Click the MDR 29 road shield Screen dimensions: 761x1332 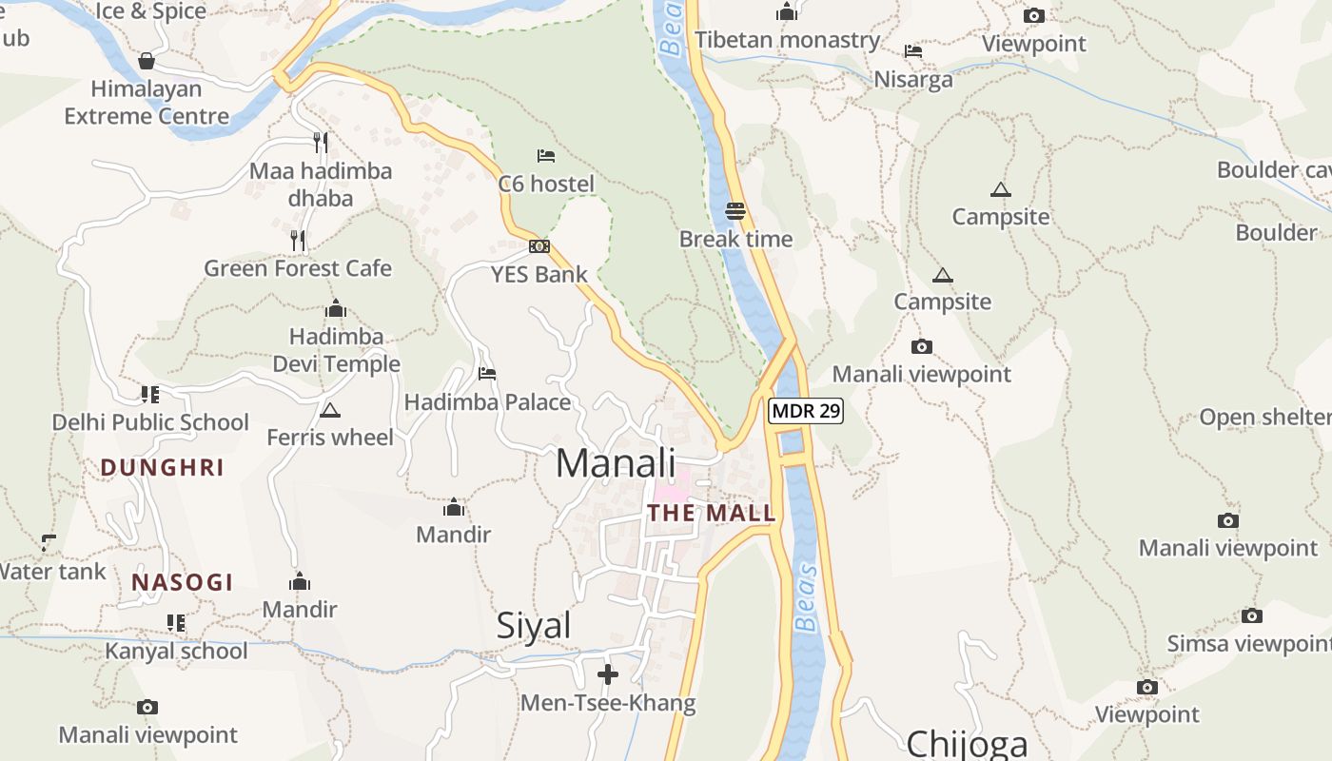(x=805, y=411)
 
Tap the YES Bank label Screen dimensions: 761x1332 (x=539, y=275)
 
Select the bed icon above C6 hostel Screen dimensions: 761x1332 (x=546, y=155)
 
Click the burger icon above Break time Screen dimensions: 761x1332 (x=735, y=210)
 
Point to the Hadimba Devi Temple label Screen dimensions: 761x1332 (x=337, y=350)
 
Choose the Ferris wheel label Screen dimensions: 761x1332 (x=330, y=438)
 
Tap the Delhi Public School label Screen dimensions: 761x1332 (x=150, y=422)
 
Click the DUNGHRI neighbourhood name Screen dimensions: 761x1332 (x=163, y=468)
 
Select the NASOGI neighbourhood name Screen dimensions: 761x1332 (x=183, y=582)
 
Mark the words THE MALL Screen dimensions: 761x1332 (x=712, y=514)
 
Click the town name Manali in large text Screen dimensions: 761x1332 (x=616, y=463)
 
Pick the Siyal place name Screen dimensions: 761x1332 (x=534, y=626)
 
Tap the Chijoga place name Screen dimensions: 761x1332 (x=968, y=744)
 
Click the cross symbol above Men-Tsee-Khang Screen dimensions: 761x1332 (x=608, y=674)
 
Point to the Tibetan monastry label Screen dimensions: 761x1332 (x=788, y=40)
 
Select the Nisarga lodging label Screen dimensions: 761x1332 (x=913, y=79)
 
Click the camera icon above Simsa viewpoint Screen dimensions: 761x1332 (x=1252, y=616)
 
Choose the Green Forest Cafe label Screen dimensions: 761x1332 (x=298, y=268)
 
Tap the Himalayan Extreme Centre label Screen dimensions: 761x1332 (x=147, y=103)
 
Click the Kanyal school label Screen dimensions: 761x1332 (x=176, y=651)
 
